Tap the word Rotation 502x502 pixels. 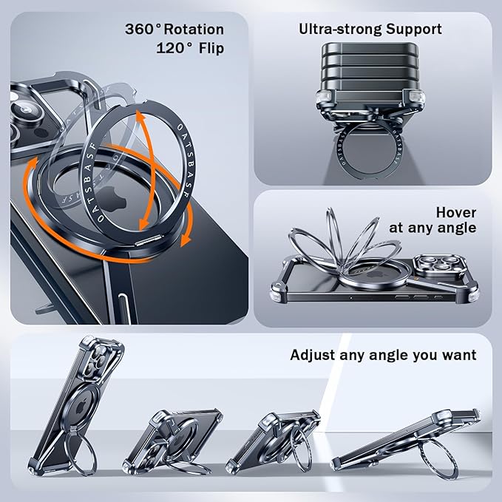click(194, 30)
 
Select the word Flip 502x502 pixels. click(211, 48)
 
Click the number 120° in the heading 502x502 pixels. click(174, 48)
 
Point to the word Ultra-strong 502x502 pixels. click(340, 30)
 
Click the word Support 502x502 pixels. click(413, 30)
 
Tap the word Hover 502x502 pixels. click(456, 213)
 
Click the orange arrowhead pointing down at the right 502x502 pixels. click(186, 240)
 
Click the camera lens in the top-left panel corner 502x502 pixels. click(27, 112)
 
